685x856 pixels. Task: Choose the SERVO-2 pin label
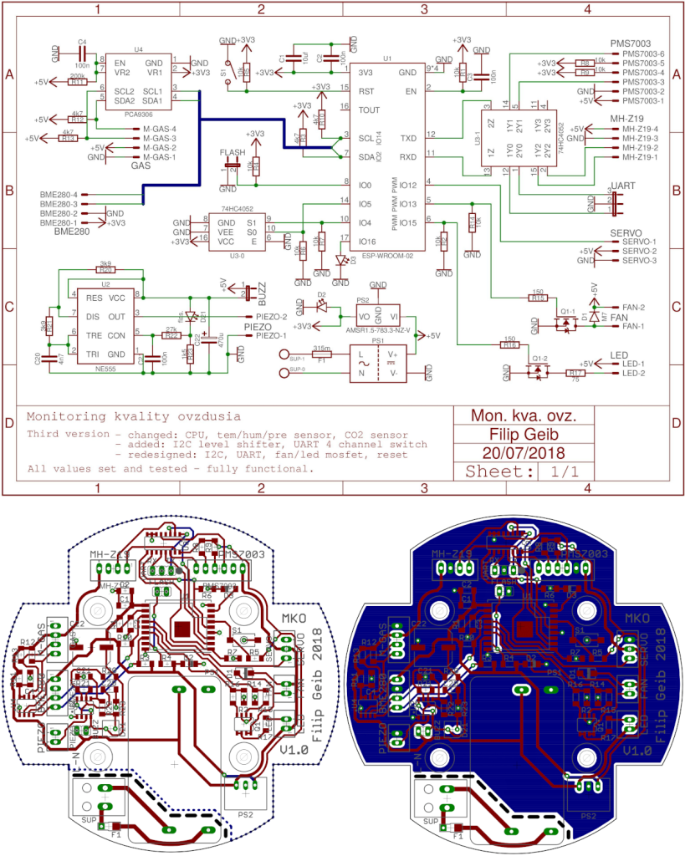[641, 251]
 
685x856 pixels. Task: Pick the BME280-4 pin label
[59, 194]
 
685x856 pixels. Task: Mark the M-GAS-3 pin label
[158, 138]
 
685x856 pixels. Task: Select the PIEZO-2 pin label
[271, 317]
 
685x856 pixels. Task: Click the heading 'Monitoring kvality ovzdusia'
[134, 416]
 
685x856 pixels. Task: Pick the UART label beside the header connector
[625, 185]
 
